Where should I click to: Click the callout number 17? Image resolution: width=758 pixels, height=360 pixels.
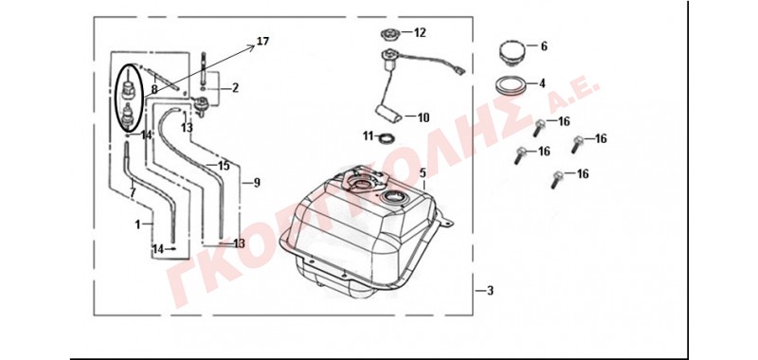point(262,41)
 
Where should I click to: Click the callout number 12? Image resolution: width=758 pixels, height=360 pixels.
point(420,32)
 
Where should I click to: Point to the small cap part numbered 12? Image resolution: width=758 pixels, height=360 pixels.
point(389,35)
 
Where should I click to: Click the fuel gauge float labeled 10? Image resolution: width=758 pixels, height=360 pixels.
point(388,116)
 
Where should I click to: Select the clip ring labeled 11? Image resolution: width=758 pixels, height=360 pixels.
point(387,138)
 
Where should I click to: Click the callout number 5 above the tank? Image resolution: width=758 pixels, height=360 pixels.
point(423,172)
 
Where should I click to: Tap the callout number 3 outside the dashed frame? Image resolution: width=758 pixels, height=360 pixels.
point(490,291)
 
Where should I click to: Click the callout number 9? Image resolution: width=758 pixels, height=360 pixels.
point(257,183)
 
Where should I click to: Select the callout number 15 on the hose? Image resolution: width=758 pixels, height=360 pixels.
point(224,166)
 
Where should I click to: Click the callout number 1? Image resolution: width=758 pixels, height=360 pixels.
point(137,225)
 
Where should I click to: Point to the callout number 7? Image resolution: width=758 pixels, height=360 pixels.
point(133,192)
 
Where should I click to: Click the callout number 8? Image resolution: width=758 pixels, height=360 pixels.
point(154,89)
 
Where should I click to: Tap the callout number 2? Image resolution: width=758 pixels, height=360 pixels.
point(235,87)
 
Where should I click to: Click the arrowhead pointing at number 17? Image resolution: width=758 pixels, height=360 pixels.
point(251,45)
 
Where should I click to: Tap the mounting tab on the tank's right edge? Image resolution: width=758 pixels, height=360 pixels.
point(446,220)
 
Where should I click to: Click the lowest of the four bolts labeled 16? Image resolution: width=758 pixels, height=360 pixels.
point(557,179)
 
